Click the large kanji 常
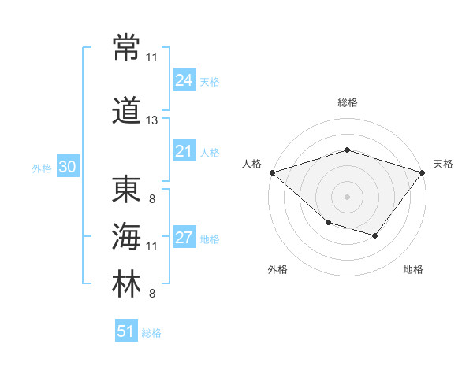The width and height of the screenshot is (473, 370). tap(126, 47)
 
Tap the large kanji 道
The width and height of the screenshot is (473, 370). tap(126, 110)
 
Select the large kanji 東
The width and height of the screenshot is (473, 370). tap(126, 189)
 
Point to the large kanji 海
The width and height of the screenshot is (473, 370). tap(126, 236)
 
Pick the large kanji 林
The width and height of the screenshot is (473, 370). tap(126, 283)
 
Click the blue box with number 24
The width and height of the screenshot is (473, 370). tap(184, 80)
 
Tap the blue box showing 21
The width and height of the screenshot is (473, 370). tap(184, 150)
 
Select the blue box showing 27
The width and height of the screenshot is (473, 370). tap(184, 236)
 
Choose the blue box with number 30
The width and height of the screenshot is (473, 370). tap(68, 166)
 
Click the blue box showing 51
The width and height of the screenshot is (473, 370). tap(126, 330)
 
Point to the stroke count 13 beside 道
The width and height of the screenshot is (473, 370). tap(151, 120)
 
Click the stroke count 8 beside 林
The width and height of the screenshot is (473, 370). tap(152, 293)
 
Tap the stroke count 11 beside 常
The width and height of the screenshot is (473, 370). tap(151, 57)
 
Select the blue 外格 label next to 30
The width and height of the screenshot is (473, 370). tap(42, 168)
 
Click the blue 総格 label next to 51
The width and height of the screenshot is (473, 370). tap(151, 333)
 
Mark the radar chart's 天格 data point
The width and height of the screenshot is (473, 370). tap(422, 172)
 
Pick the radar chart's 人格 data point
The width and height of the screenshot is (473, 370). tap(273, 172)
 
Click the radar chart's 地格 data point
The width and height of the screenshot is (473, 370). tap(375, 235)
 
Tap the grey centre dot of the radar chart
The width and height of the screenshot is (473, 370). tap(347, 197)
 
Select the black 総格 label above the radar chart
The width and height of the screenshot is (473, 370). tap(348, 102)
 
